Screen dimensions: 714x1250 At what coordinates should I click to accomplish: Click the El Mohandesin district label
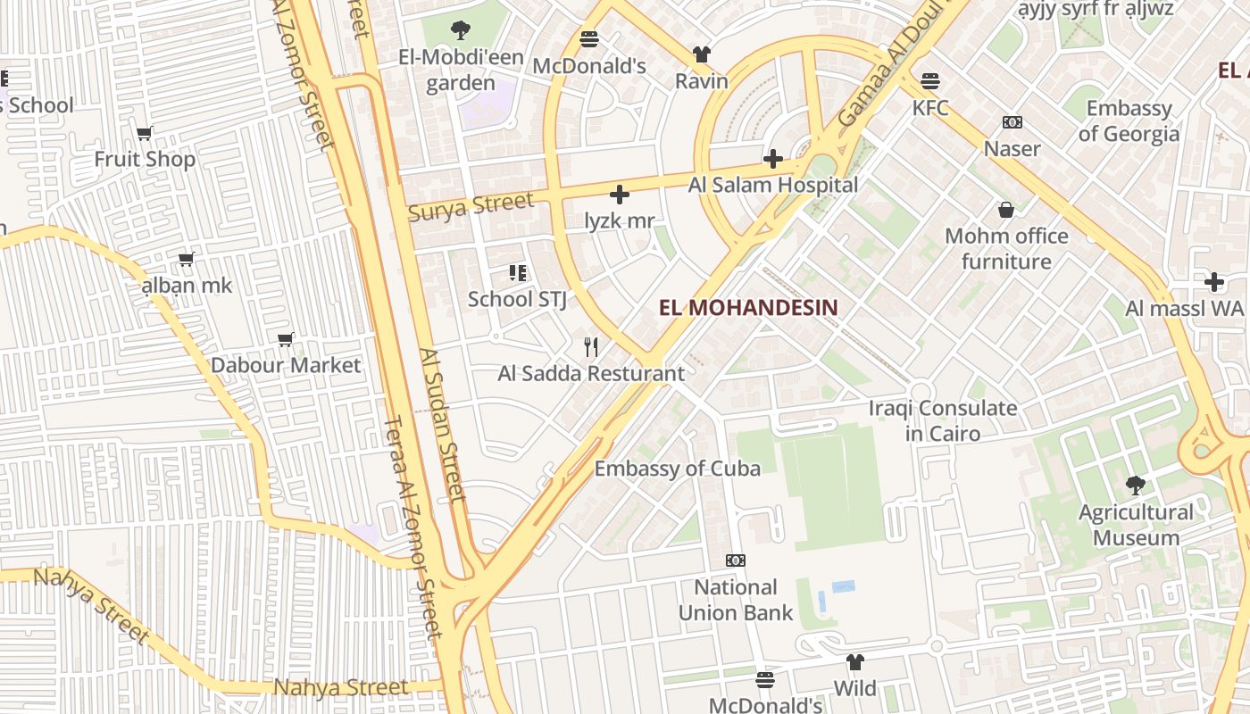pyautogui.click(x=748, y=308)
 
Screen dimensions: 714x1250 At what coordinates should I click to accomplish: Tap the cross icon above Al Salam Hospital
pyautogui.click(x=773, y=160)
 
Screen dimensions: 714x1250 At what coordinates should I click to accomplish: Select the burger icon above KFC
pyautogui.click(x=930, y=81)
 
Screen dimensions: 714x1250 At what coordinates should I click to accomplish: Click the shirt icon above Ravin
pyautogui.click(x=702, y=54)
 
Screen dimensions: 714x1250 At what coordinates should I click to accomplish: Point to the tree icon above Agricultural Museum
pyautogui.click(x=1136, y=486)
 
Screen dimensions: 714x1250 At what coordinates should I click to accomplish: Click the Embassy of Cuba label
pyautogui.click(x=678, y=469)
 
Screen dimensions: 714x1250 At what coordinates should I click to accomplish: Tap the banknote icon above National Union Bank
pyautogui.click(x=736, y=560)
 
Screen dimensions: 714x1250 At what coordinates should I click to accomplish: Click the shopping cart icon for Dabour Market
pyautogui.click(x=286, y=339)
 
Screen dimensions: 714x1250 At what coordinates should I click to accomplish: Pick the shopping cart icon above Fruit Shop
pyautogui.click(x=145, y=133)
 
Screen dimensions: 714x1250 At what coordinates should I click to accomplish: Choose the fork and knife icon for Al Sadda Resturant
pyautogui.click(x=591, y=347)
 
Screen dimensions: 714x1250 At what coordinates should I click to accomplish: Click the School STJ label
pyautogui.click(x=517, y=299)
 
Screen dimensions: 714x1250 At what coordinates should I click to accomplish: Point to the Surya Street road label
pyautogui.click(x=471, y=207)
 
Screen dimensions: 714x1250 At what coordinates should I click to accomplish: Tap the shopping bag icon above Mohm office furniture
pyautogui.click(x=1006, y=210)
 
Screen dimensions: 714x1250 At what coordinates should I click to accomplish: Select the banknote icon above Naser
pyautogui.click(x=1012, y=122)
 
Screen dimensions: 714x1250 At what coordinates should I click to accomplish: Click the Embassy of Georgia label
pyautogui.click(x=1129, y=121)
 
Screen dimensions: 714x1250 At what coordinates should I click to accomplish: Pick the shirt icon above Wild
pyautogui.click(x=855, y=662)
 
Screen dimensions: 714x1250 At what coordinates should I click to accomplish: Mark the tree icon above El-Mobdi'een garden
pyautogui.click(x=461, y=31)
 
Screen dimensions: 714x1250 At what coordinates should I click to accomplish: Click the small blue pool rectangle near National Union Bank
pyautogui.click(x=843, y=586)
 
